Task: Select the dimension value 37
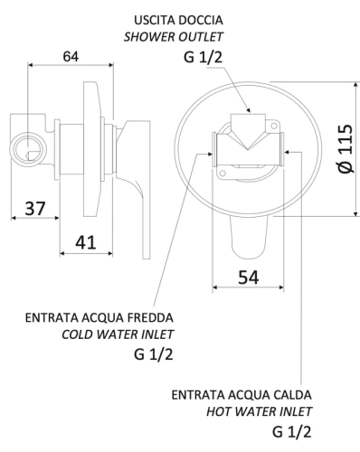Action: (34, 209)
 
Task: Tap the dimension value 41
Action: (86, 242)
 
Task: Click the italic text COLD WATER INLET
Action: (117, 334)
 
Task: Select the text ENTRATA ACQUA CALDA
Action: (242, 396)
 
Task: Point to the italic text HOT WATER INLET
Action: (259, 412)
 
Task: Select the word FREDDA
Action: (151, 318)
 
